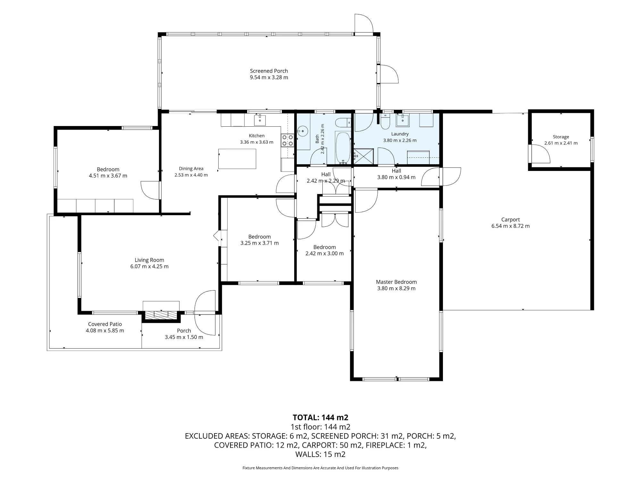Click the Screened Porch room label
click(269, 71)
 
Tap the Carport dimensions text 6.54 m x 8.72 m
click(511, 226)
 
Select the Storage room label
click(561, 137)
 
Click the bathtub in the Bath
click(343, 148)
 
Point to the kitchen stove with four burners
click(287, 140)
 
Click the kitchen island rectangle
click(237, 159)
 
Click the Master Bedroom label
click(396, 282)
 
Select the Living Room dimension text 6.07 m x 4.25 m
click(149, 266)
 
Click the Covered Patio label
click(105, 324)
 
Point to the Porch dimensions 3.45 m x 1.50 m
click(184, 337)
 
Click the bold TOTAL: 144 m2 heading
click(320, 418)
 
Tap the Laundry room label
click(400, 134)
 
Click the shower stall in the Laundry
click(363, 156)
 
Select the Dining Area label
click(191, 169)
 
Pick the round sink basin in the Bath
click(302, 131)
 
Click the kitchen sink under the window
click(260, 120)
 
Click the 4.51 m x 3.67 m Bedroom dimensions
click(108, 176)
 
